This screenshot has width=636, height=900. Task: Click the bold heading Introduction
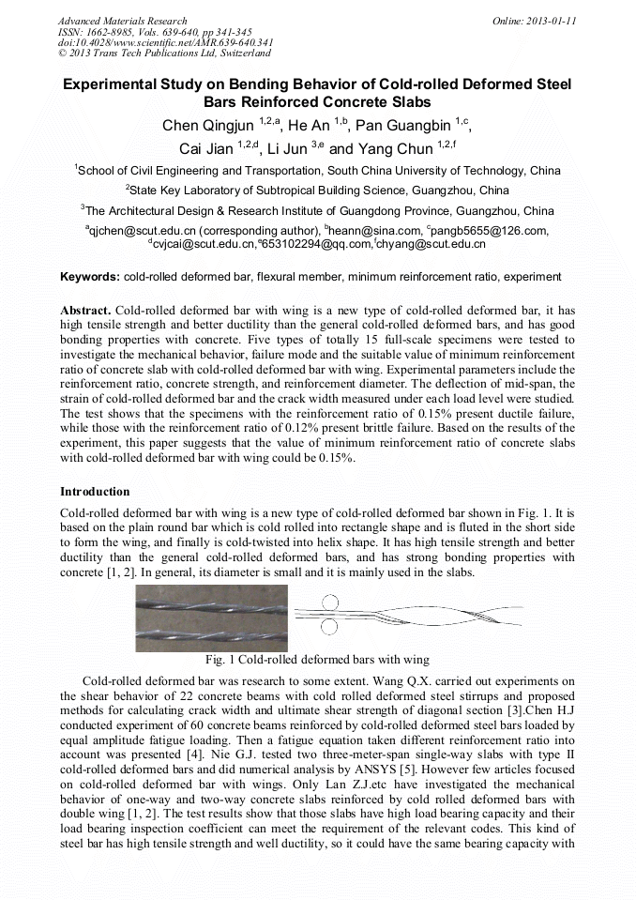pos(95,492)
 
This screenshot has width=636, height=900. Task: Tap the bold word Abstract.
pos(85,311)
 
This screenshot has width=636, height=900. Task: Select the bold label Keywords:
pos(90,277)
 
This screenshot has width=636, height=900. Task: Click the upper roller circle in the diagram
pos(329,603)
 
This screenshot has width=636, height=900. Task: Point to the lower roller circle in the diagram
pos(329,626)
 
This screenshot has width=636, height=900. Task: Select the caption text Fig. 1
pos(220,660)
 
